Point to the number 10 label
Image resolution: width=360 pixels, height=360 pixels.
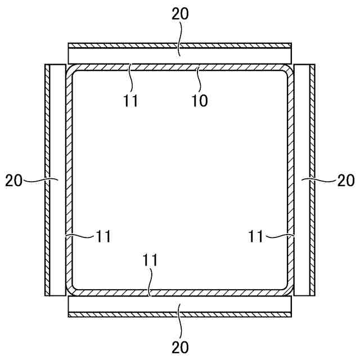click(199, 101)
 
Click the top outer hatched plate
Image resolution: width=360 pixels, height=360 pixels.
click(179, 44)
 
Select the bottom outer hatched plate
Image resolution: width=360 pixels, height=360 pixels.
click(179, 315)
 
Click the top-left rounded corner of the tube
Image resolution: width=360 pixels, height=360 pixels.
click(71, 70)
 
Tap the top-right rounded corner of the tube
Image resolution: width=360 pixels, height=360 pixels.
click(289, 70)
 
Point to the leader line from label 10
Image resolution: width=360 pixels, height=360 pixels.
click(199, 79)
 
